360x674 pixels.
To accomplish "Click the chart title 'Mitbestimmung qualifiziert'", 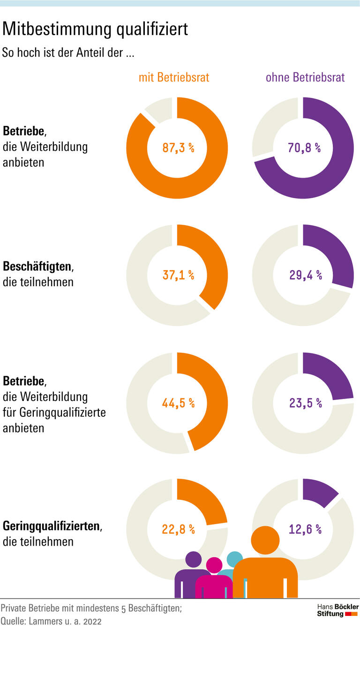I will coord(95,29).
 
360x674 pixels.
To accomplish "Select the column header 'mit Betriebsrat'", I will coord(174,77).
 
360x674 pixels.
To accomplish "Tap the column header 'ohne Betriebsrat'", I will coord(305,77).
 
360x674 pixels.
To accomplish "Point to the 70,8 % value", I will coord(304,148).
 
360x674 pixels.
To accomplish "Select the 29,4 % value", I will coord(305,275).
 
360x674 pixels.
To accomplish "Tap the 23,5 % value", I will coord(305,403).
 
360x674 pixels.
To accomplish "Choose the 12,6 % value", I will coord(305,529).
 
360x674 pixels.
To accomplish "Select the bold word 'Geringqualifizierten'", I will coord(52,526).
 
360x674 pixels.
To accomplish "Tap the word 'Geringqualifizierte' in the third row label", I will coord(62,413).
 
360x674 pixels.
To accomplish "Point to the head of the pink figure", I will coord(214,565).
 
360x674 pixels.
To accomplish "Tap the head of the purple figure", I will coord(193,559).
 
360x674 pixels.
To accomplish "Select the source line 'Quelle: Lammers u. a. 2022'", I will coord(51,622).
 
